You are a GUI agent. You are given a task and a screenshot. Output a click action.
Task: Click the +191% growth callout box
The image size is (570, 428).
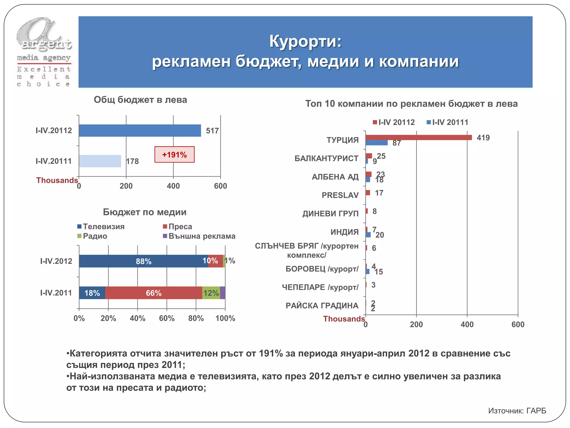175,155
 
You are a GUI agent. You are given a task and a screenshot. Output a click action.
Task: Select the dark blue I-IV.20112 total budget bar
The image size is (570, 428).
140,130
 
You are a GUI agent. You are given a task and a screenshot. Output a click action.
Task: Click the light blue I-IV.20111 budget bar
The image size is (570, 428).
100,161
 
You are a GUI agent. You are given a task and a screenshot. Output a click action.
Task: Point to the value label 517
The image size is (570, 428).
212,131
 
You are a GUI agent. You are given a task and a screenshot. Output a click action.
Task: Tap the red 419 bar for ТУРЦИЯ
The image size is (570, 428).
419,137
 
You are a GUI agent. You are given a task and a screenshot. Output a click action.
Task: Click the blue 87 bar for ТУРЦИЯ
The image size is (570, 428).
377,143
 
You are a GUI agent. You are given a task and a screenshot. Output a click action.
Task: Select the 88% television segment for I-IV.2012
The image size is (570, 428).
143,261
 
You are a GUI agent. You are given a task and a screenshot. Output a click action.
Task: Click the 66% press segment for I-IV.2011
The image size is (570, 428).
154,293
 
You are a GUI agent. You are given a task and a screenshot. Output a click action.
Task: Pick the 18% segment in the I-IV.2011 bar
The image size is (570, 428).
92,293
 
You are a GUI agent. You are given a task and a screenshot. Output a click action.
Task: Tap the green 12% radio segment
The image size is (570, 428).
211,293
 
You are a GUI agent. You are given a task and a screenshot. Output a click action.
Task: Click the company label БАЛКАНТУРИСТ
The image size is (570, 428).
326,159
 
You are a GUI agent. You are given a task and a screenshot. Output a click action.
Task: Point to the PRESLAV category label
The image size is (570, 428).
340,195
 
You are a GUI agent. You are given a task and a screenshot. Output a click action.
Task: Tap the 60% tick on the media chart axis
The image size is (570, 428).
167,318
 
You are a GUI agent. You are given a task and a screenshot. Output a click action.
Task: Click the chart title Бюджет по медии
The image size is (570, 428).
145,212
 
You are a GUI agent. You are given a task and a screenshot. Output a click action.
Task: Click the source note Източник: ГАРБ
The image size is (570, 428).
517,411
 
